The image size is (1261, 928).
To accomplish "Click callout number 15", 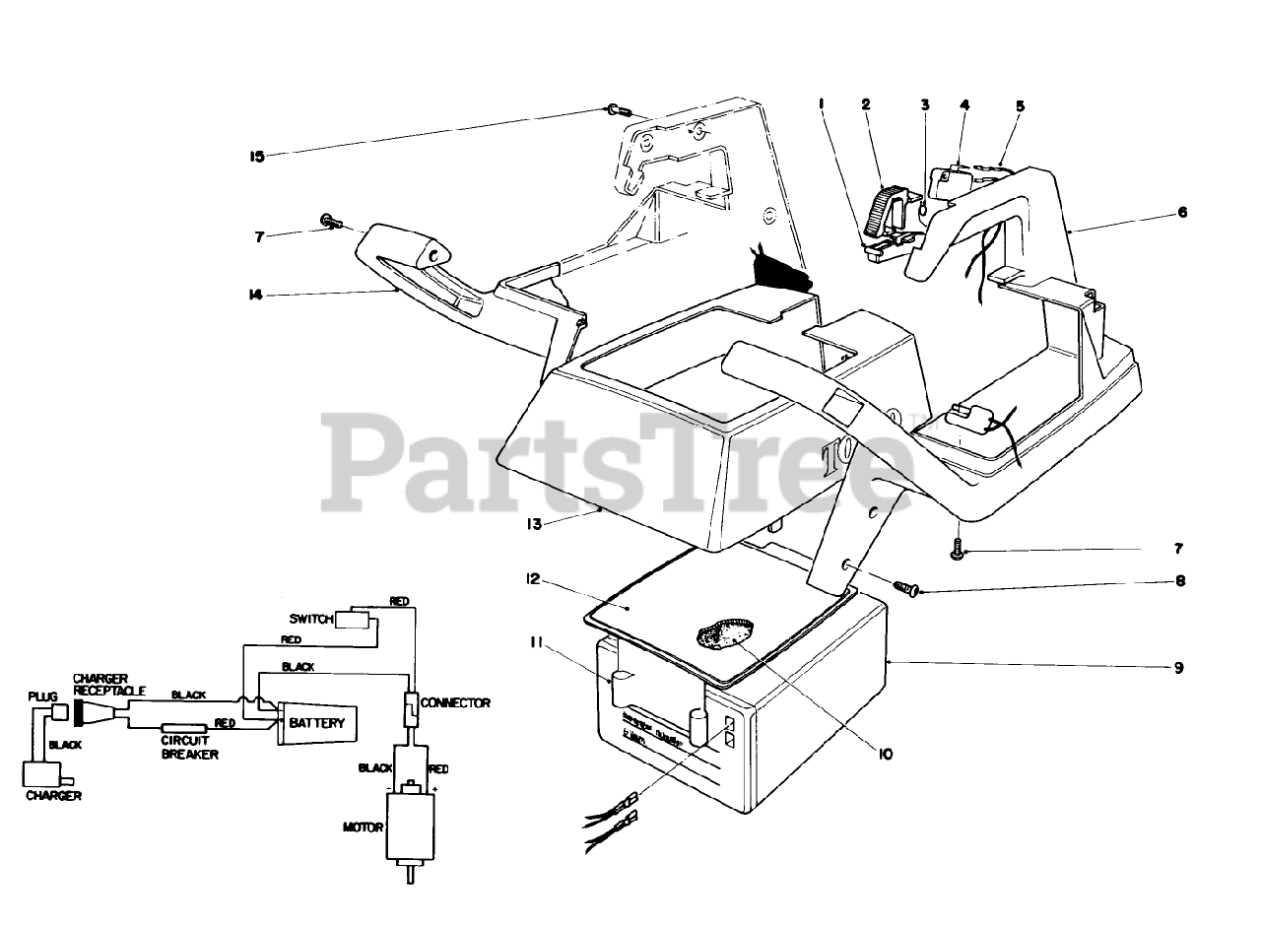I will point(257,156).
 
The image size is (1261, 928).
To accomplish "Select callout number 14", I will point(258,296).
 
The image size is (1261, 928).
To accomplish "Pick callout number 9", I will point(1178,668).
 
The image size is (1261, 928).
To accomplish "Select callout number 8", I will point(1179,582).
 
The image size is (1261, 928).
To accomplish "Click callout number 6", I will point(1182,212).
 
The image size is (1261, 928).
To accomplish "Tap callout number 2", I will point(865,103).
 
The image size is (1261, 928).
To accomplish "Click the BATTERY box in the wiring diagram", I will point(318,725).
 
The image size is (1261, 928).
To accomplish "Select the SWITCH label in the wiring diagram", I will point(312,619).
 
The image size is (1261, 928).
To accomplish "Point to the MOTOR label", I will point(363,828).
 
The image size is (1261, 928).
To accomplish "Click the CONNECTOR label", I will point(454,703).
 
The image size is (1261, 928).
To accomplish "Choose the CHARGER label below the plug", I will point(53,795).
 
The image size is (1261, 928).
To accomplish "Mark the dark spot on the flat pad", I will point(725,633).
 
